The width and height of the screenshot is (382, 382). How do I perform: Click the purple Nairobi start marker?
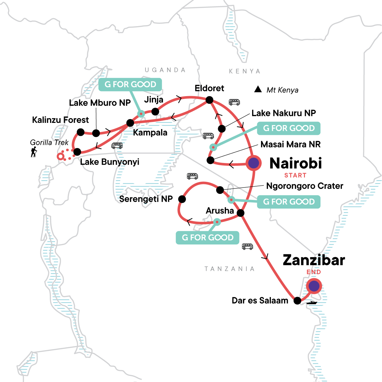point(253,163)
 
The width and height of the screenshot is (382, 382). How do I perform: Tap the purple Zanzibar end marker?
point(314,286)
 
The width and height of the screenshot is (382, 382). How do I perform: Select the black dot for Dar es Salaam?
point(297,301)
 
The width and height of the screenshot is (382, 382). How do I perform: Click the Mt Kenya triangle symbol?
point(258,89)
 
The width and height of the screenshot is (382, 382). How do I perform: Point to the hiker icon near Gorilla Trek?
point(34,152)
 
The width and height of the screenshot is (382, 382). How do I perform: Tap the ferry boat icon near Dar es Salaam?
point(312,303)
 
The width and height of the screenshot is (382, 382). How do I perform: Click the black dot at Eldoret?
point(209,100)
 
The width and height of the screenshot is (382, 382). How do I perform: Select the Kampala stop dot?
point(130,123)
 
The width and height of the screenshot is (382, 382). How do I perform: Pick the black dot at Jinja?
point(155,111)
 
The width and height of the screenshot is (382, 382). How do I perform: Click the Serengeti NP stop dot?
point(182,199)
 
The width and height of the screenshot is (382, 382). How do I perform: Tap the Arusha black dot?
point(240,213)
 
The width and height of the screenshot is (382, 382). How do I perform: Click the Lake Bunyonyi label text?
point(110,162)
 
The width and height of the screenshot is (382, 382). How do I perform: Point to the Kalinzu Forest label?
point(60,120)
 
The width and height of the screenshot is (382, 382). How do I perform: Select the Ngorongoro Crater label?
point(305,186)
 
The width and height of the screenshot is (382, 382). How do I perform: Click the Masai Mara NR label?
point(290,144)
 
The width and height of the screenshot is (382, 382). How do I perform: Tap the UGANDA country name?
point(165,70)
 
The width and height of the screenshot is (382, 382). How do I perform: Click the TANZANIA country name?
point(230,269)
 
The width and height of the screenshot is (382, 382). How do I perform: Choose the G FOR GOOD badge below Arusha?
point(208,237)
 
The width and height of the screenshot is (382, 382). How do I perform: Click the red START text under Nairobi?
point(295,175)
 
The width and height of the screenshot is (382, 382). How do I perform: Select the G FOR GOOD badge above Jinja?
point(130,84)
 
